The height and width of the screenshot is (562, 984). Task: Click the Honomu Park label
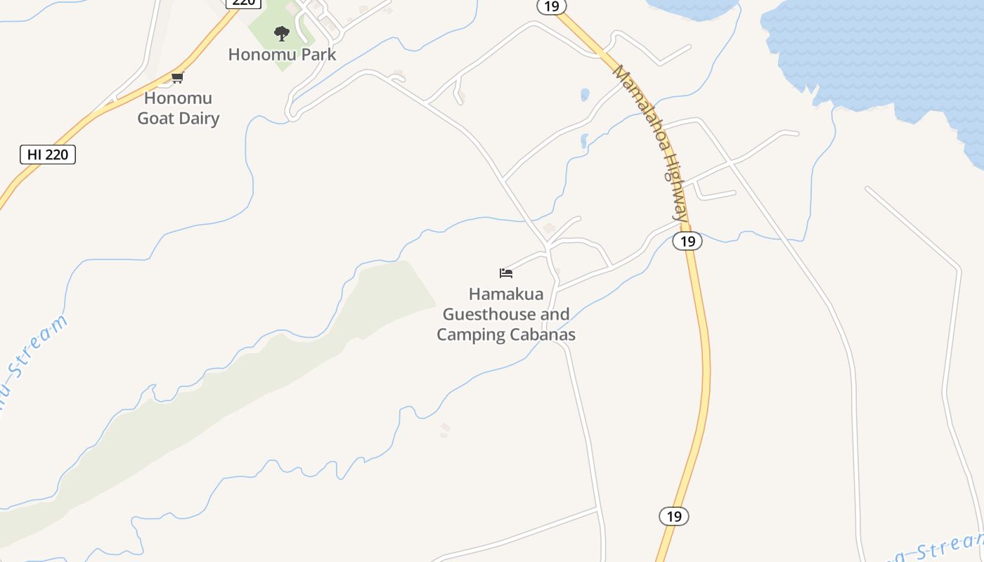click(282, 54)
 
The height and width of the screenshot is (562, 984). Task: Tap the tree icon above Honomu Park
click(282, 33)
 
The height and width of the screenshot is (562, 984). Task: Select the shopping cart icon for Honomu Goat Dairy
click(177, 77)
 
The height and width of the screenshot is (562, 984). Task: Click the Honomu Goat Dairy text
click(178, 108)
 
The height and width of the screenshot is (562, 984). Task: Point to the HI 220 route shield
click(48, 155)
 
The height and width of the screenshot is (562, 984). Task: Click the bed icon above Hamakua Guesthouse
click(506, 273)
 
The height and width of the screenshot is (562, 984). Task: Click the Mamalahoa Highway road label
click(651, 143)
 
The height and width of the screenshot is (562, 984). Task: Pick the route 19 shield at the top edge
click(551, 6)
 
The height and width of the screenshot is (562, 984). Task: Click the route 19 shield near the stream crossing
click(687, 241)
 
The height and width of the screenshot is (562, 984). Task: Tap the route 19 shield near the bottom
click(673, 516)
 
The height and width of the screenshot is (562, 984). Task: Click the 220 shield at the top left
click(243, 3)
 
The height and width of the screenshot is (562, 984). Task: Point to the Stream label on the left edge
click(35, 358)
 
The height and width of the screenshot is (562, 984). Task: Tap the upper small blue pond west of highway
click(585, 94)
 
